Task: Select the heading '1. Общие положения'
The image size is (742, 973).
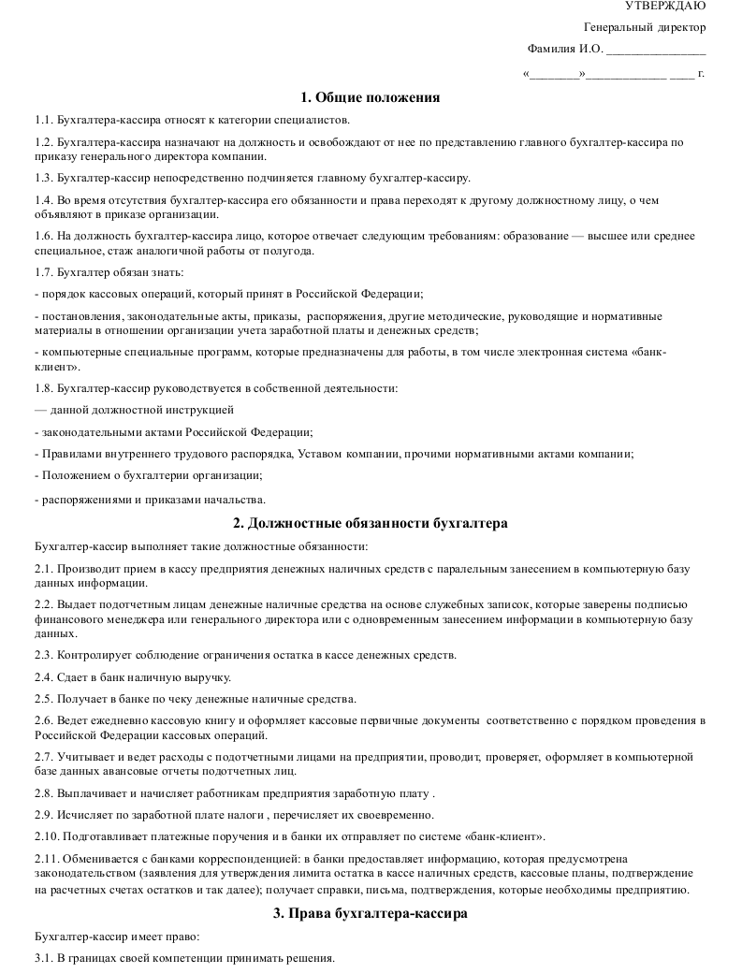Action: point(371,97)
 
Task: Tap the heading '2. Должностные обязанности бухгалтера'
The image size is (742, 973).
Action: point(371,523)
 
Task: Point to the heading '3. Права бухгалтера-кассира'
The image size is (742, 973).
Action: point(371,912)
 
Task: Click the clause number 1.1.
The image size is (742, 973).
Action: point(44,120)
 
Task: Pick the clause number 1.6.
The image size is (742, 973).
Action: point(44,236)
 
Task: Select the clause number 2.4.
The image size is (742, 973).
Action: point(44,677)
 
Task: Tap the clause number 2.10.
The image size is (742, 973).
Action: point(47,835)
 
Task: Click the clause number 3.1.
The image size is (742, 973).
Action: point(44,958)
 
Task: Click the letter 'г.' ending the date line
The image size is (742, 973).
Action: point(701,72)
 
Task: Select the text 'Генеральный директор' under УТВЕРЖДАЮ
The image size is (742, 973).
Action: point(645,27)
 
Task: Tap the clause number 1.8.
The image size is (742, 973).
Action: point(44,387)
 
